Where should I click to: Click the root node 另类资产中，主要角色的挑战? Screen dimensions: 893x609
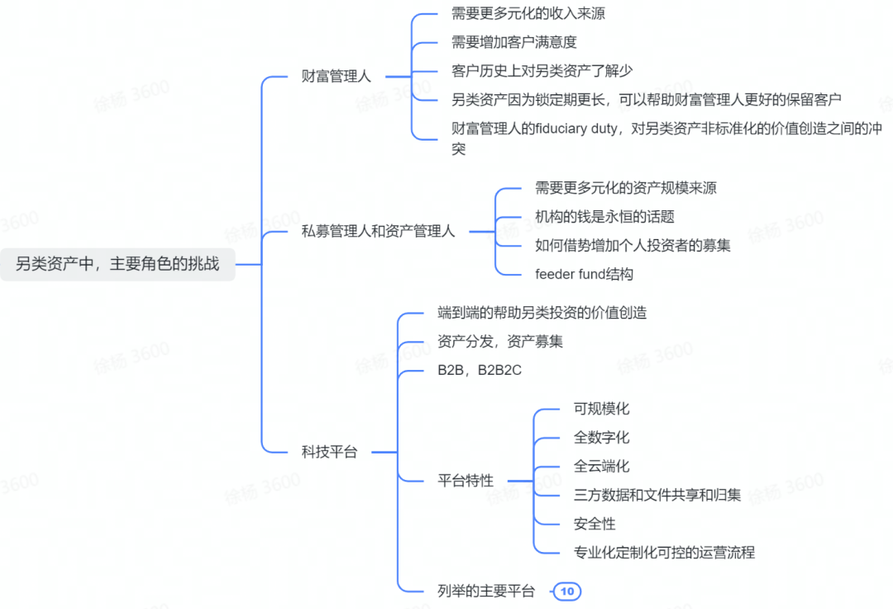(x=117, y=264)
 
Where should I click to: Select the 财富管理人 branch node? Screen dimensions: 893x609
(x=336, y=76)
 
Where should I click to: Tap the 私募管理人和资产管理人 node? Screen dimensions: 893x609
(x=378, y=232)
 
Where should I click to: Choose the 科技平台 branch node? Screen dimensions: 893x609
(x=329, y=453)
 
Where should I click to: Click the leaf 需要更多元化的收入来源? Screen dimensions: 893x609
(x=528, y=14)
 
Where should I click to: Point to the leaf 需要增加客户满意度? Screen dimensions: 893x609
(x=513, y=42)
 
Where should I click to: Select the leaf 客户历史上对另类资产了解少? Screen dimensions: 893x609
(x=542, y=71)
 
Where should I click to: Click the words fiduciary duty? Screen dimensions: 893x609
(x=575, y=129)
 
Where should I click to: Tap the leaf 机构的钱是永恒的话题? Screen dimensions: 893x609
(x=604, y=217)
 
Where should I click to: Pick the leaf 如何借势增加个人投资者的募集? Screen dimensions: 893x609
(x=633, y=246)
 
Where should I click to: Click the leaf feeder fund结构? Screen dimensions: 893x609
(x=584, y=275)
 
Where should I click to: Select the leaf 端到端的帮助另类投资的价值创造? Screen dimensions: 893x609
(x=542, y=313)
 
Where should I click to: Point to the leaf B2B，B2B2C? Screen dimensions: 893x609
(x=479, y=371)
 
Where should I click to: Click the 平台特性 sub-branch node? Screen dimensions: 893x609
(x=466, y=481)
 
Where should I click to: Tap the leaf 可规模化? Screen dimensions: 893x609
(x=601, y=409)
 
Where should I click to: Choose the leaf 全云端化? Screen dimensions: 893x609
(x=601, y=467)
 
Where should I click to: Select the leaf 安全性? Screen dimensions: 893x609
(x=595, y=524)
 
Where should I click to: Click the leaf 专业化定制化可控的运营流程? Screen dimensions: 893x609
(x=664, y=553)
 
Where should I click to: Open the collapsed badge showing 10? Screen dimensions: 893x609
(x=567, y=592)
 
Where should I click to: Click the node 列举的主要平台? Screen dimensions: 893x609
(x=486, y=592)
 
